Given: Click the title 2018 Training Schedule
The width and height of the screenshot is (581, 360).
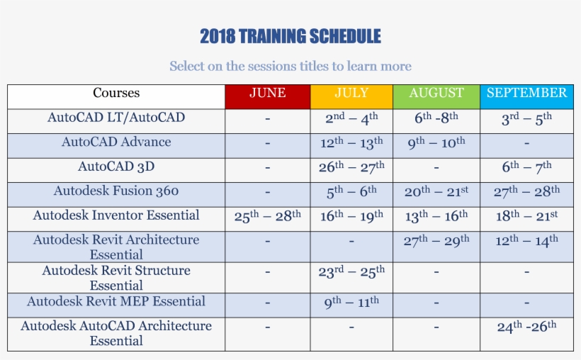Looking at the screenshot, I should pos(290,36).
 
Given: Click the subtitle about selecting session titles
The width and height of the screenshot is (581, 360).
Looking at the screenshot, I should pos(290,66).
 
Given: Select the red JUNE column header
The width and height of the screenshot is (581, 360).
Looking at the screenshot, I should pos(267,94).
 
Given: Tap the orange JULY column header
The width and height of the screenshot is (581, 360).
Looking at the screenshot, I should pos(351,94).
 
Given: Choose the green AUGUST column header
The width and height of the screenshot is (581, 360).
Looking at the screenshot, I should pos(436,94).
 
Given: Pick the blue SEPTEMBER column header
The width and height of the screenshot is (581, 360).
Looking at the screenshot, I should pos(526,94).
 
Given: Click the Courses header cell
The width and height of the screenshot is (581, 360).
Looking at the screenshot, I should pos(116,94).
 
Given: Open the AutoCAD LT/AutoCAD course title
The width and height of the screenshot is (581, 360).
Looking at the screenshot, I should pos(116,118).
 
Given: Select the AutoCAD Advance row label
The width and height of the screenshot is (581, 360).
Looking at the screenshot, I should pos(116,142).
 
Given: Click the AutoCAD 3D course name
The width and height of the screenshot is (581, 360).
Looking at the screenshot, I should pos(116,167).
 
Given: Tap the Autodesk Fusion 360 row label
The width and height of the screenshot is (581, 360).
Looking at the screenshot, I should pos(116,191).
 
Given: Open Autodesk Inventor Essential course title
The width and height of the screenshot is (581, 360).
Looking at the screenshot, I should pos(116,215).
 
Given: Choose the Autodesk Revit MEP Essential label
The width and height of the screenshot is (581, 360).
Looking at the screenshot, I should pos(116,302).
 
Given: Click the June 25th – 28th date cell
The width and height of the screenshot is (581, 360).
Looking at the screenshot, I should pos(267,216).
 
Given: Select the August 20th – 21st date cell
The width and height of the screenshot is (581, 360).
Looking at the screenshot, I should pos(436,192).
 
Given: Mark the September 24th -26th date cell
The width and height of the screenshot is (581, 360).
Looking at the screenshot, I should pos(526,327).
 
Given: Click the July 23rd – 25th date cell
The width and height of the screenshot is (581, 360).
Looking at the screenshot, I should pos(351,272).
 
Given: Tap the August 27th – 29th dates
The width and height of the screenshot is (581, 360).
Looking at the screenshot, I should pos(436,241).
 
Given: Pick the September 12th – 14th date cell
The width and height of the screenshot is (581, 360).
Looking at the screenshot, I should pos(526,241).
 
